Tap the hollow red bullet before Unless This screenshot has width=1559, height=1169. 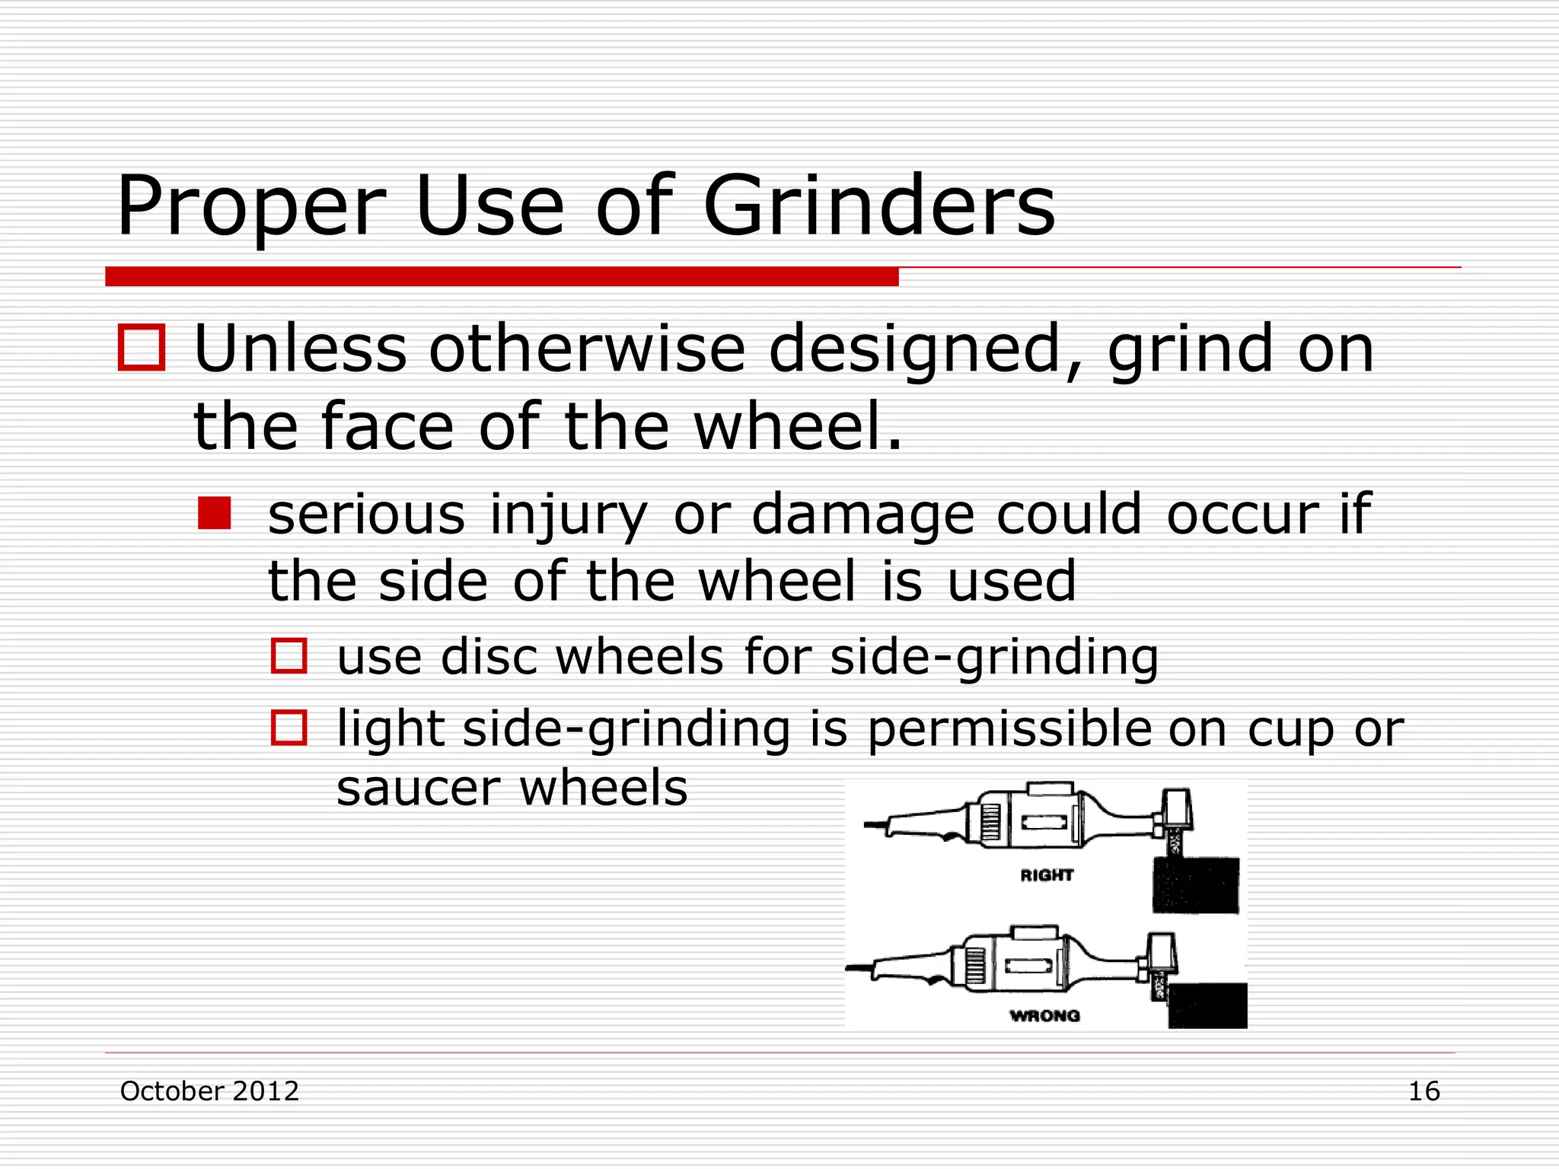tap(142, 348)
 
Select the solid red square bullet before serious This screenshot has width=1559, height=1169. tap(214, 513)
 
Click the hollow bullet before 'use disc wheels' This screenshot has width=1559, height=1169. tap(289, 656)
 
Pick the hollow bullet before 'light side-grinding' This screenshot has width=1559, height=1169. tap(289, 728)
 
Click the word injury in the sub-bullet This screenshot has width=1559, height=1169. tap(568, 516)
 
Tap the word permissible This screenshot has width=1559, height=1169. tap(1009, 728)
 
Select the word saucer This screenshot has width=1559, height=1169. tap(418, 788)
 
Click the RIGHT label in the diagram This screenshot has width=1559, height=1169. tap(1047, 875)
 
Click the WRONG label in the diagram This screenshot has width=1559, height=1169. tap(1044, 1015)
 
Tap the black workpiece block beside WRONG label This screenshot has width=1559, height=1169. tap(1207, 1005)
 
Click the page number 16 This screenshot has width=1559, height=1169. tap(1424, 1091)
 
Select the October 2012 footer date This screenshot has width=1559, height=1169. tap(209, 1091)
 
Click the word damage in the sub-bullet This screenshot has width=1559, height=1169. tap(863, 516)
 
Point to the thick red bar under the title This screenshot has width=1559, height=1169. tap(502, 276)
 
